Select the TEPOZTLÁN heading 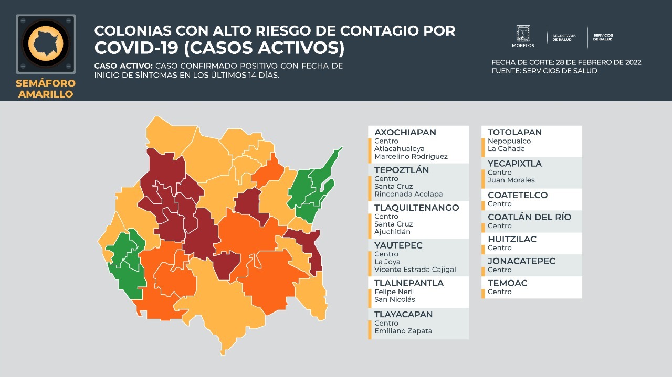point(401,170)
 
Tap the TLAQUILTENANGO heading point(416,208)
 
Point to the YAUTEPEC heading point(398,245)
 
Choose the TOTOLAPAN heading point(514,132)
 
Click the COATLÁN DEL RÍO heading point(529,217)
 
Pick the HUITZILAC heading point(512,239)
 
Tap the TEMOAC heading point(507,283)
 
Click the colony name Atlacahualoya point(399,149)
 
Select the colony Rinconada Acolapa point(408,194)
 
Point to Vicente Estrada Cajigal point(415,270)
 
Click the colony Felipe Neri point(393,292)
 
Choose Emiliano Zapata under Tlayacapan point(403,331)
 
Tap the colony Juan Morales point(511,180)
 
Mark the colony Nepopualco point(509,141)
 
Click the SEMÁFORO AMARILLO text point(46,89)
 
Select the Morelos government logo point(523,36)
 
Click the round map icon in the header point(46,42)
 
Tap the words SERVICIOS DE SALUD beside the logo point(603,37)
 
